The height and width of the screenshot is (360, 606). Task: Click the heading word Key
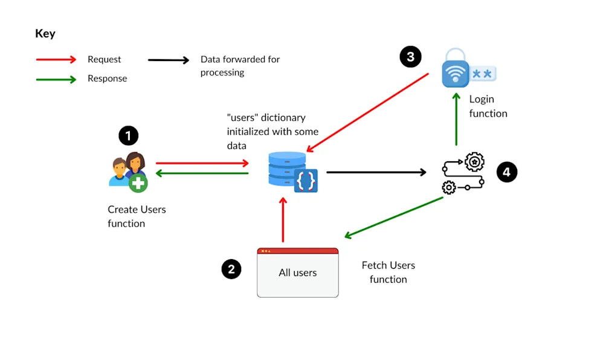click(x=45, y=34)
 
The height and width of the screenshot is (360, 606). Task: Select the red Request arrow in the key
click(x=56, y=59)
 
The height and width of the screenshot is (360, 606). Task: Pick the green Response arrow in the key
click(x=56, y=79)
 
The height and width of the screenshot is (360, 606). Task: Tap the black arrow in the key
click(x=169, y=60)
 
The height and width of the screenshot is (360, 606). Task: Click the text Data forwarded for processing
click(x=239, y=66)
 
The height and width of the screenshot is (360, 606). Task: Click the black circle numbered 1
click(x=128, y=136)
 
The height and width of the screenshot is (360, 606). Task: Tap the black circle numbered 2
click(x=231, y=269)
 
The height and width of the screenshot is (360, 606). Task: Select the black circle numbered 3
click(x=410, y=57)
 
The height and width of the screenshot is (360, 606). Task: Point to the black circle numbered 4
click(x=506, y=172)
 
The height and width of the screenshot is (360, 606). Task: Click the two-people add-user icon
click(x=129, y=172)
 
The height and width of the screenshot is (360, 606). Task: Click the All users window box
click(x=297, y=272)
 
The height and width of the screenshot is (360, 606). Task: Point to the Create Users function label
click(x=137, y=216)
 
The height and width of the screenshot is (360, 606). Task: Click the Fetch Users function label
click(x=388, y=272)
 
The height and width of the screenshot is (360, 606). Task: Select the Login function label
click(x=488, y=106)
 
